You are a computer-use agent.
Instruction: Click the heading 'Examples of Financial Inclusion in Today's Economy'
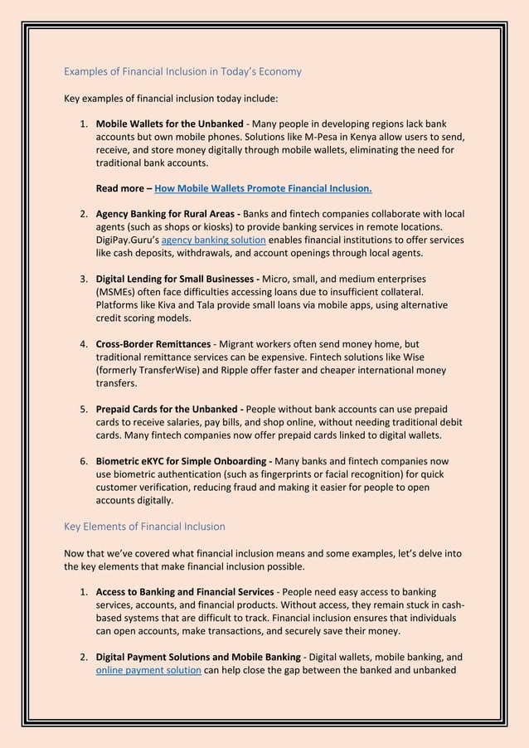click(x=182, y=72)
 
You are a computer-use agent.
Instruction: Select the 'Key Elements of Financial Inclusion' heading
click(x=144, y=526)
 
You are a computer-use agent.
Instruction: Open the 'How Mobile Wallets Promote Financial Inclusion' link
click(x=263, y=188)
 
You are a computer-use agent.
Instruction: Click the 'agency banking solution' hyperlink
click(x=213, y=240)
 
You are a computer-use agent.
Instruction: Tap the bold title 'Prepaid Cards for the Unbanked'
click(x=168, y=409)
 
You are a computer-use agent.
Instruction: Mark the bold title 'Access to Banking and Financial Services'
click(x=185, y=591)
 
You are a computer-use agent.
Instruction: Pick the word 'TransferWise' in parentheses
click(x=166, y=370)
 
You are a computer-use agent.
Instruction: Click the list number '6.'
click(x=84, y=461)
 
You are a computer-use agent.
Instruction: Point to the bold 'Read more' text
click(x=122, y=188)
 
